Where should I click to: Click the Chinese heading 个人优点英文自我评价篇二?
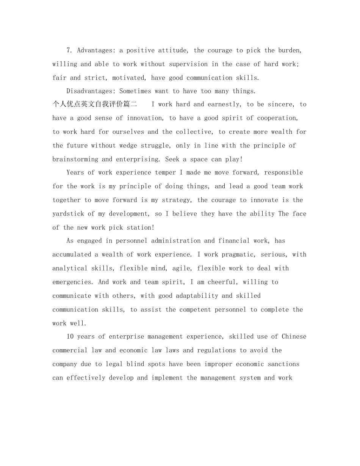(95, 104)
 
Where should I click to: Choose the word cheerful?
(220, 282)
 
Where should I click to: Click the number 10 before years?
(70, 336)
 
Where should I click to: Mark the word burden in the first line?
(290, 50)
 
